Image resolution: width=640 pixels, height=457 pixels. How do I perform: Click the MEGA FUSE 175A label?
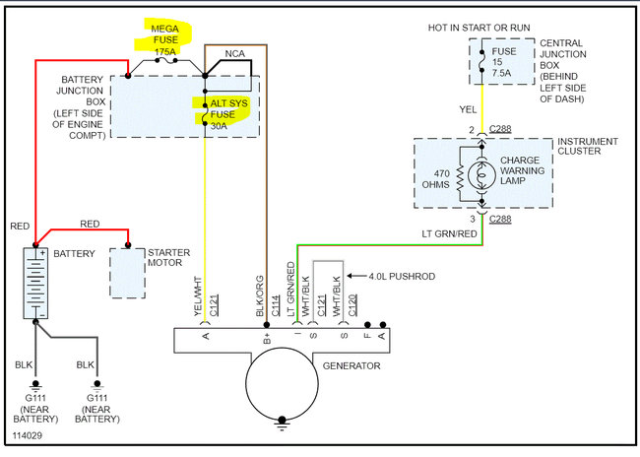coord(165,40)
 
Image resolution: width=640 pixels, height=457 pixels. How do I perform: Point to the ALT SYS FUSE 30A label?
coord(228,114)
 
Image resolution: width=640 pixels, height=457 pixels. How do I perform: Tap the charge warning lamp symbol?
coord(481,175)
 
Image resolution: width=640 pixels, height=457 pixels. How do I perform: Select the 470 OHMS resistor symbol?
coord(461,177)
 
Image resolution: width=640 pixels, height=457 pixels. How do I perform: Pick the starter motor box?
coord(127,273)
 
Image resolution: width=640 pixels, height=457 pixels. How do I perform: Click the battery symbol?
coord(35,283)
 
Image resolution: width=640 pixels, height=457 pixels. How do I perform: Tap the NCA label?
coord(235,53)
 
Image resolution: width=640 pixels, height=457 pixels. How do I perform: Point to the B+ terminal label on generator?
coord(267,338)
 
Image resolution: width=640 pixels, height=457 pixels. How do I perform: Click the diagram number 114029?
coord(27,435)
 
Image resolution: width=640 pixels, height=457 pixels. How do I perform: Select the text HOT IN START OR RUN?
coord(479,28)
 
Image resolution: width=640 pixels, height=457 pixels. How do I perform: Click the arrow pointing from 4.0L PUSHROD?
coord(356,276)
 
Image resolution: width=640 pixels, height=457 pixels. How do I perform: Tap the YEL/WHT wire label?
coord(198,296)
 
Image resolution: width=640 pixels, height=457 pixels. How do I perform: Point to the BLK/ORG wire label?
coord(260,296)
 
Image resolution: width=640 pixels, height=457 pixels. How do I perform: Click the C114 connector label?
coord(276,305)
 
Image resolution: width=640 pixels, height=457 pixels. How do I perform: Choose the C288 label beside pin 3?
coord(500,220)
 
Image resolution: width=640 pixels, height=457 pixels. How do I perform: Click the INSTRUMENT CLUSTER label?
coord(588,146)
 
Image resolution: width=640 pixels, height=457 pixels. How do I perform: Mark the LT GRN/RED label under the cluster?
coord(449,234)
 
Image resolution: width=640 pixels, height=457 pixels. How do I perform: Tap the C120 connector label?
coord(352,305)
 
